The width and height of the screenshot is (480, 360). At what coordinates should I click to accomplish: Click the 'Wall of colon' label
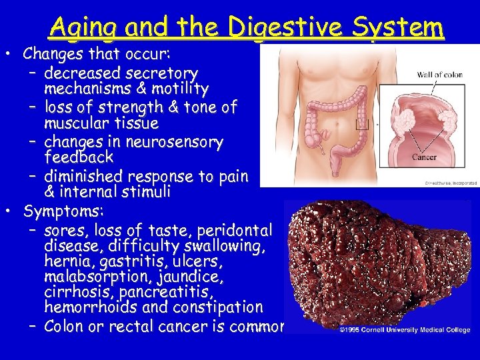click(439, 75)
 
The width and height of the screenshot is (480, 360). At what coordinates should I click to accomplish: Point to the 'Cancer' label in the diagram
click(424, 157)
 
